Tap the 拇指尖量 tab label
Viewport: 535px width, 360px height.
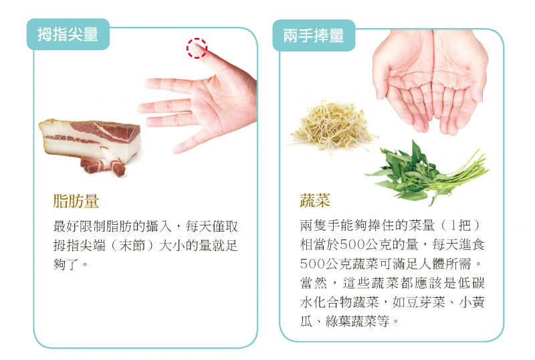68,35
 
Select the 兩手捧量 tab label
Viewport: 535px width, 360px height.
314,35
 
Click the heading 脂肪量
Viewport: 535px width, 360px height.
76,201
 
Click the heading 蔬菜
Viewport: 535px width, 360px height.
315,200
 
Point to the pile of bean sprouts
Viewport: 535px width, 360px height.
332,126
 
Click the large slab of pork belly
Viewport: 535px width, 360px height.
90,139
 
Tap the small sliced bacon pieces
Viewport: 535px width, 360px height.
103,167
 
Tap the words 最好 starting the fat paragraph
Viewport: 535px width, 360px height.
66,226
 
